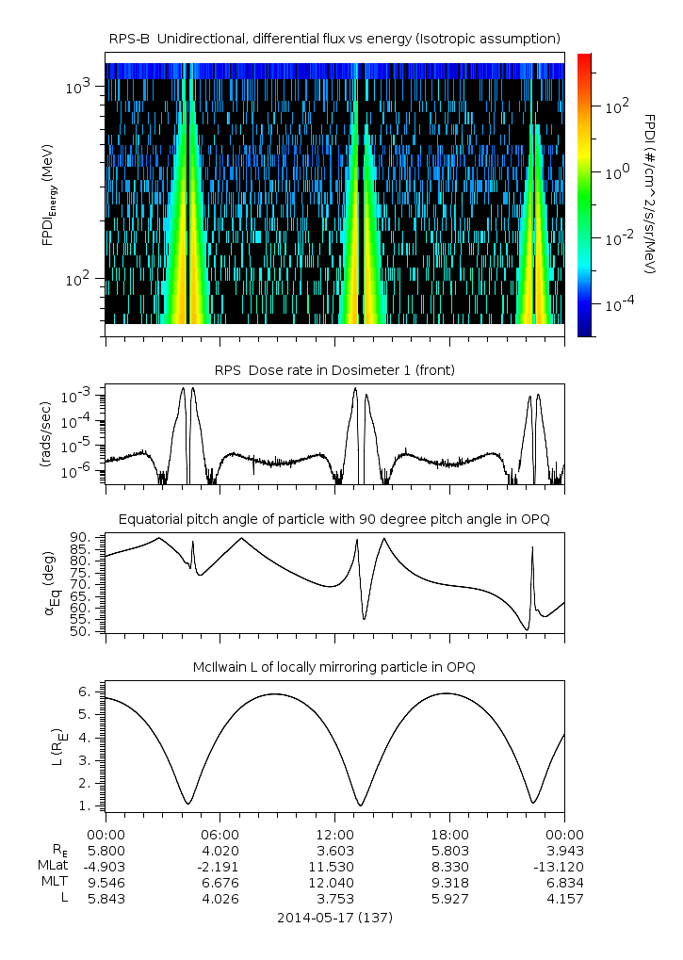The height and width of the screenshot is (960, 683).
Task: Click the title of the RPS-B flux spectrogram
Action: [334, 38]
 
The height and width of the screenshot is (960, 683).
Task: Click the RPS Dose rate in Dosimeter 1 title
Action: [334, 370]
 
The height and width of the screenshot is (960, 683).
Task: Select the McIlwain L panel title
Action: [334, 667]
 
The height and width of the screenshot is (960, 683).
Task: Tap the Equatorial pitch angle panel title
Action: [334, 519]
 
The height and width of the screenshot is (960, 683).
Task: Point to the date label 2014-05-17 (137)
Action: [334, 917]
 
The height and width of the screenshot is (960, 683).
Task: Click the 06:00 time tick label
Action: [220, 834]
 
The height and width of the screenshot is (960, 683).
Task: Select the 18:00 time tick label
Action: [449, 834]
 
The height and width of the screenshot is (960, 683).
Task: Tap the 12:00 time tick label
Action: [334, 834]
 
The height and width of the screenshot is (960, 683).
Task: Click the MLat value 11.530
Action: [334, 866]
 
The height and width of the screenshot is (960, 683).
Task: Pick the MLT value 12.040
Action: [334, 882]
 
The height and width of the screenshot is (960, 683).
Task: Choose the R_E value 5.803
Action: [449, 850]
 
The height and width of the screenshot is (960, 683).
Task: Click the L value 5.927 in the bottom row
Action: [449, 898]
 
